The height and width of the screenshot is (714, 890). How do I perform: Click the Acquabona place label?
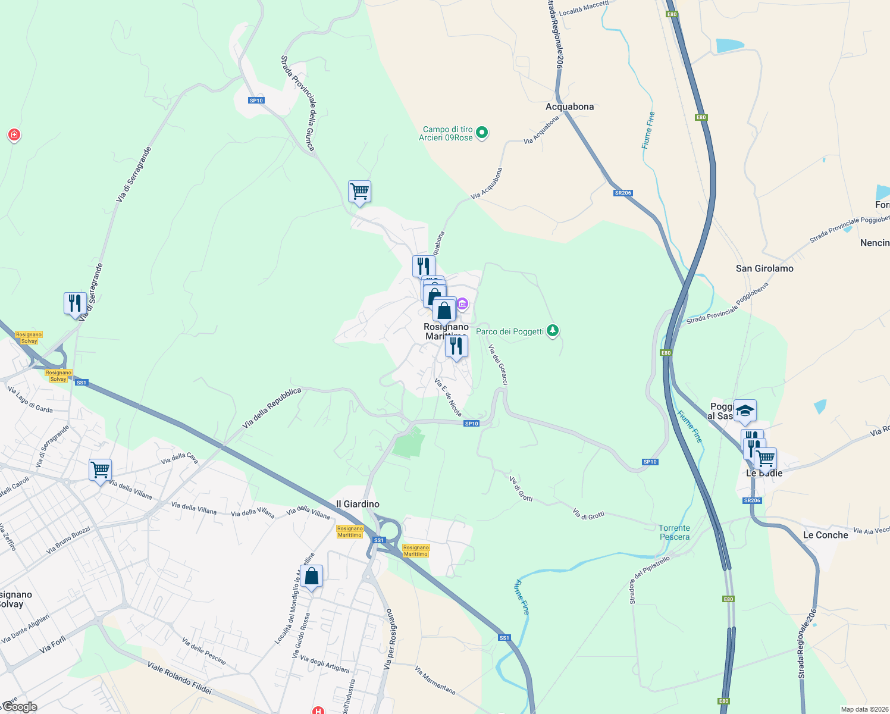(x=569, y=107)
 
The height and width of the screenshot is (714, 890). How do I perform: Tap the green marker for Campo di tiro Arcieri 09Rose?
(x=482, y=133)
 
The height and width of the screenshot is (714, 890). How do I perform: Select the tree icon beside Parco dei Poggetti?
(x=553, y=330)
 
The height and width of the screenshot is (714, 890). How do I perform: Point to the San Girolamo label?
(x=764, y=268)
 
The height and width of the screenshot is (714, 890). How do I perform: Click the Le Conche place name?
(x=825, y=535)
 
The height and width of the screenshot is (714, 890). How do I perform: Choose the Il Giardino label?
(x=358, y=504)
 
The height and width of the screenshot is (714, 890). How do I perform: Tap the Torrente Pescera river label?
(x=674, y=533)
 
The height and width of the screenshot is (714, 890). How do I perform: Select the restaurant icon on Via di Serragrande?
(x=75, y=303)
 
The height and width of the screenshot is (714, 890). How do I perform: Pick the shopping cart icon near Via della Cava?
(x=100, y=470)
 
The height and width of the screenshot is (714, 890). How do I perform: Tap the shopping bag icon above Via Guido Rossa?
(x=311, y=577)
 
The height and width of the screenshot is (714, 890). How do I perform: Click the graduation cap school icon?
(x=745, y=411)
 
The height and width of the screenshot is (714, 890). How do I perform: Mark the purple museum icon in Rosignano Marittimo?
(x=462, y=305)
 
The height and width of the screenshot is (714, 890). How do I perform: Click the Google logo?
(x=20, y=707)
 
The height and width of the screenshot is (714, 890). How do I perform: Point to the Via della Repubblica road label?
(x=272, y=408)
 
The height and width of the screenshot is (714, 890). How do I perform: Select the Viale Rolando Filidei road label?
(x=179, y=678)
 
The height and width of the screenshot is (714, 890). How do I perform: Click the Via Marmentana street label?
(x=435, y=680)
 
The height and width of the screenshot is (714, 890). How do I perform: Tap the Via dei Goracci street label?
(x=498, y=364)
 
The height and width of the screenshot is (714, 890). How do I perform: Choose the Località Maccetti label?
(x=584, y=8)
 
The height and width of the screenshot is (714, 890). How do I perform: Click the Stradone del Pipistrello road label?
(x=650, y=579)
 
